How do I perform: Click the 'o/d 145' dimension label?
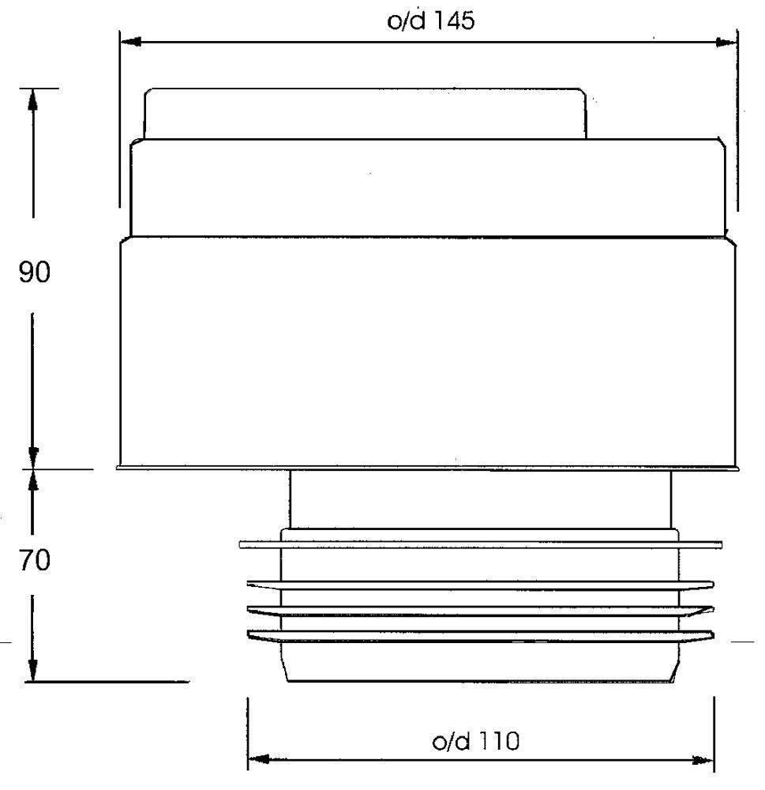[x=430, y=21]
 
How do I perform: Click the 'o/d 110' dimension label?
[x=476, y=741]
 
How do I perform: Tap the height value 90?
[x=34, y=272]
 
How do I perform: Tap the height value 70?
[x=34, y=560]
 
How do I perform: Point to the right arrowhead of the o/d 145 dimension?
[x=726, y=43]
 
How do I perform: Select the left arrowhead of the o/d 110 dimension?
[x=258, y=759]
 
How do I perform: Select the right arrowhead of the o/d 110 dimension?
[x=703, y=760]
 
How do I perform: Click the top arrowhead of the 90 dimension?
[x=32, y=100]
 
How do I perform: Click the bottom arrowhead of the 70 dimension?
[x=32, y=670]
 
